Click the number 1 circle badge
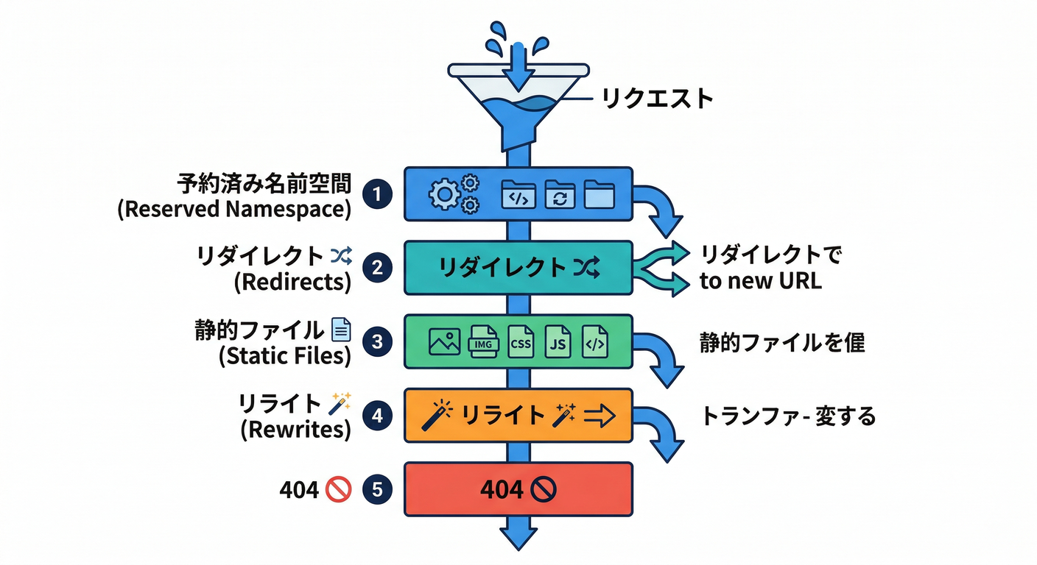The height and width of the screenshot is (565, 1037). click(378, 194)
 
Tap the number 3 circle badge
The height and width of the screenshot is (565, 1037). click(378, 341)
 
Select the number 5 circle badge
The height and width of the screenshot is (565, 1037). click(378, 490)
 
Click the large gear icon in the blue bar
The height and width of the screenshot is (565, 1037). click(444, 195)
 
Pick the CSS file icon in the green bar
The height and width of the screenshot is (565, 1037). click(521, 343)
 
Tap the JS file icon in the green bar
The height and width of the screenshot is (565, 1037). click(557, 343)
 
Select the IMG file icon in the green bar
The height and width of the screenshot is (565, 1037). click(483, 343)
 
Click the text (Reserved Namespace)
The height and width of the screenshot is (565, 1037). click(234, 209)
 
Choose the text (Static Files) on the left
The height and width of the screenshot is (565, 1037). click(284, 357)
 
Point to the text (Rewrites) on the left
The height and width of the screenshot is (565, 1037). click(295, 430)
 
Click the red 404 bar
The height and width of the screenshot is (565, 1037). click(518, 489)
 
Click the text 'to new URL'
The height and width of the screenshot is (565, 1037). click(760, 281)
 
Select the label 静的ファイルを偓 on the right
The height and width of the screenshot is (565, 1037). click(781, 343)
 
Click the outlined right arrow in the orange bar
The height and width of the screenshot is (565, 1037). click(599, 416)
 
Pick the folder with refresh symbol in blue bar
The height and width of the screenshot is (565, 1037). click(559, 196)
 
